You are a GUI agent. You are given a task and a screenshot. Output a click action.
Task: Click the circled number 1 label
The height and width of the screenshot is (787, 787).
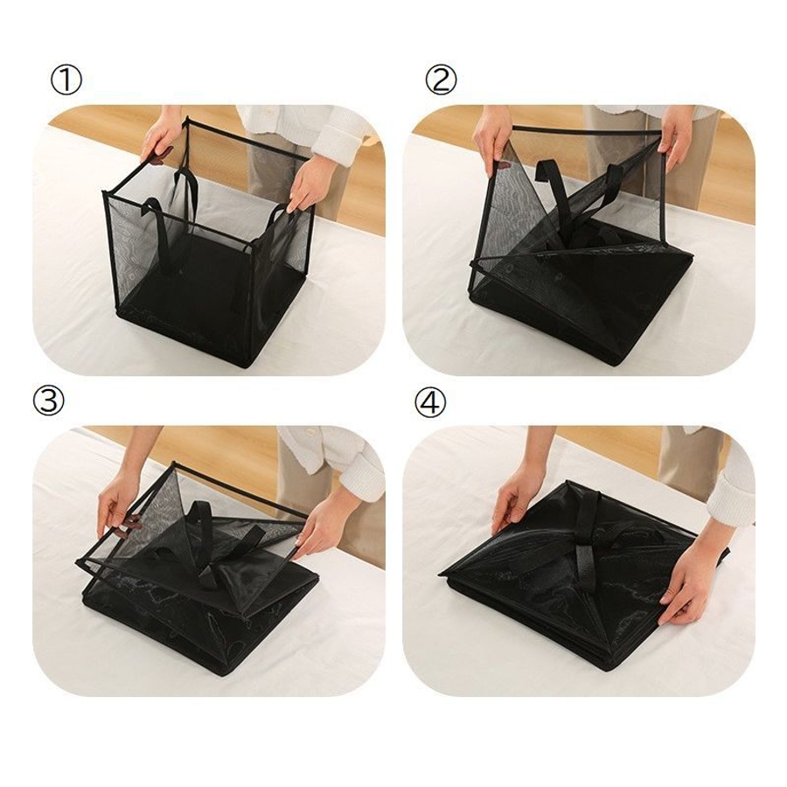point(66,80)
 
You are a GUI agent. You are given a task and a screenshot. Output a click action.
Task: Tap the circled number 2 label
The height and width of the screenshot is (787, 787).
point(441,80)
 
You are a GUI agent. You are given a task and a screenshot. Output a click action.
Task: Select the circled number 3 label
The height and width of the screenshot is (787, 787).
point(49,401)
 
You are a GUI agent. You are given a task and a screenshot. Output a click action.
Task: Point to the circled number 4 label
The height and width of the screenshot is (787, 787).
point(430,402)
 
